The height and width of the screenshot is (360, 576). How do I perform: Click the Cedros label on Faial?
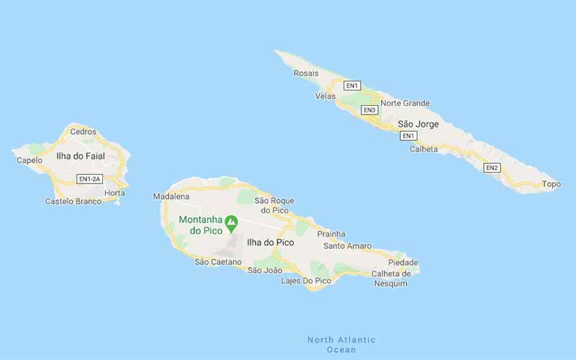pos(83,132)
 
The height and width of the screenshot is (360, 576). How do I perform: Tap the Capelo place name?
pos(29,160)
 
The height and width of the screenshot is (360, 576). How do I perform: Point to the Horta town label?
pos(114,193)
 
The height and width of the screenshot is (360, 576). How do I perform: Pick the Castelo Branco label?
pos(73,202)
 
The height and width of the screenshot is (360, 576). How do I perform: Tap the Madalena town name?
pos(171,197)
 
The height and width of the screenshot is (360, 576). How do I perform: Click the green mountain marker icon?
pos(231,222)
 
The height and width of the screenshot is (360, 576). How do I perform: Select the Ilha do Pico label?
pos(270,243)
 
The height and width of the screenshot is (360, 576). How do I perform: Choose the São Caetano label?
pos(218,262)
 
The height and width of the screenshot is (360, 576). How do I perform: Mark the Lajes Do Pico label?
pos(306,280)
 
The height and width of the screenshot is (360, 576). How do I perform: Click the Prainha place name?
pos(331,234)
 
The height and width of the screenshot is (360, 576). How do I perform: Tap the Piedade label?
pos(402,263)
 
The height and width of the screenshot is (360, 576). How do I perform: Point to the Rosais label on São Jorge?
pos(306,73)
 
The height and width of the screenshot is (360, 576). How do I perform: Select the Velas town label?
pos(325,96)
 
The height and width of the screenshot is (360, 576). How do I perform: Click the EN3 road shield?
pos(369,109)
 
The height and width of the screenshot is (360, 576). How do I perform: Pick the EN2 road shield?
pos(492,168)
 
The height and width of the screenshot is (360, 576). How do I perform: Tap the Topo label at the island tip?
pos(551,184)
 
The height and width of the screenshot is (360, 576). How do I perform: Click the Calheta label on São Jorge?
pos(423,149)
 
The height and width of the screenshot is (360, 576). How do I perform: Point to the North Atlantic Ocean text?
pos(341,344)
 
